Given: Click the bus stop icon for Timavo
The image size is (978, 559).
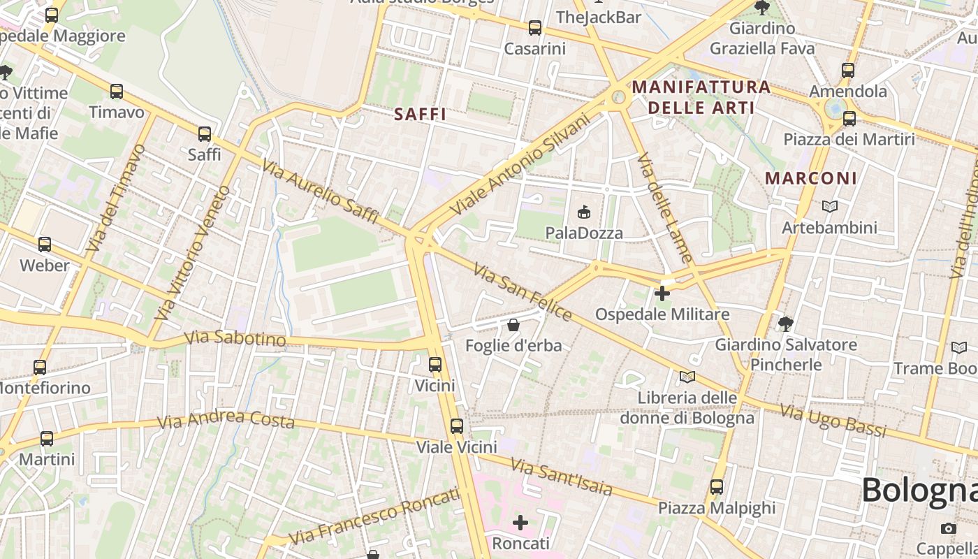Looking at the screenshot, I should pos(117,92).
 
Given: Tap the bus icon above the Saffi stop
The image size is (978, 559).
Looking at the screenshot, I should pos(205,133).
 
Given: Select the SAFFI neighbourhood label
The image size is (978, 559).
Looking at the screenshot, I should pos(420,114).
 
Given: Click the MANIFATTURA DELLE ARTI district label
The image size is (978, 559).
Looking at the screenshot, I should pos(701,97).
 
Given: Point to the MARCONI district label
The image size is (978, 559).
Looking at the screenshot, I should pos(810,178).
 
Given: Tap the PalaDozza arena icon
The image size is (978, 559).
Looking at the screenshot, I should pos(584,212).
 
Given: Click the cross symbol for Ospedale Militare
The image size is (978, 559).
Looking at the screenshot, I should pos(662,293).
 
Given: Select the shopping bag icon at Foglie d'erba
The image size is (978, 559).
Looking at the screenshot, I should pos(513,325).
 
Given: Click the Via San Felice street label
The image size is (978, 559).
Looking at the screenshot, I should pos(523,292).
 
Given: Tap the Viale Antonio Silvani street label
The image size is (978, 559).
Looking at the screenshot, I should pos(520,166).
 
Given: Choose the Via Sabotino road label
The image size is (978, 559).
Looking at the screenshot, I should pos(235,339).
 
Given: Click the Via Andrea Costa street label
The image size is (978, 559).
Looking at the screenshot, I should pos(226,421).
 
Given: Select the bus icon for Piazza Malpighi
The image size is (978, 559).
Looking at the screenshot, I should pos(717,487).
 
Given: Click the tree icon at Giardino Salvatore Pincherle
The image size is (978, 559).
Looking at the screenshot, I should pos(786,324).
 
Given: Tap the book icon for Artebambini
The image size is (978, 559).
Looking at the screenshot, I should pos(829,207).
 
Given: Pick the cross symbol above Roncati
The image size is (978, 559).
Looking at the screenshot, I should pos(520,523).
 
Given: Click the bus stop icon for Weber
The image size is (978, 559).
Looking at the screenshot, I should pos(45,245).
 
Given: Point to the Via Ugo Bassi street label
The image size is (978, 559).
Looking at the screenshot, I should pos(833,420).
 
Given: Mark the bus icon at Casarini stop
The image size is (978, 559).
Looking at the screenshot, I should pos(535,28).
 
